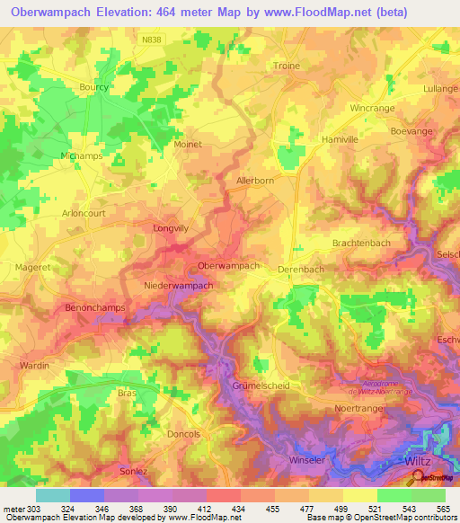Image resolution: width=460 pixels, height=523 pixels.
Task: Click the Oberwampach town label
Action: click(x=228, y=266)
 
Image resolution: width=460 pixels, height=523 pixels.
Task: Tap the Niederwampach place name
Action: click(x=179, y=286)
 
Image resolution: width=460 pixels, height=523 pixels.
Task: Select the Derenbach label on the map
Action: click(x=301, y=269)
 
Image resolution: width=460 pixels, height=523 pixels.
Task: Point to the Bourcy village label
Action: click(x=93, y=87)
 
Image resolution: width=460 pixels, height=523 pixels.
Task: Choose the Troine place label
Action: click(x=286, y=66)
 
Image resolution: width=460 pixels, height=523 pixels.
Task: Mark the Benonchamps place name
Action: click(x=95, y=307)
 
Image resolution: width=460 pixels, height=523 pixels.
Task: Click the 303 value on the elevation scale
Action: click(x=18, y=508)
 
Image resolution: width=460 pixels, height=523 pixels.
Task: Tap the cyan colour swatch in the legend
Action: click(x=53, y=495)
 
